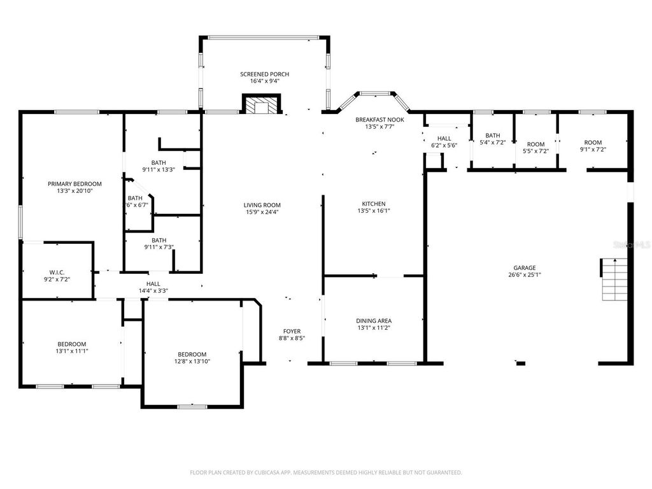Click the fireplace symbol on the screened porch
tap(260, 105)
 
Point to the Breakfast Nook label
tap(379, 119)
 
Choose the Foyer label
tap(292, 331)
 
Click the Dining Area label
tap(373, 321)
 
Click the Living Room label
tap(262, 205)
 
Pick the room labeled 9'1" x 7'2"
tap(593, 143)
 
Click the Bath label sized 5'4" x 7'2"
tap(492, 135)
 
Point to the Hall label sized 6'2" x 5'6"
tap(444, 138)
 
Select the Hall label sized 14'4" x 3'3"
tap(153, 284)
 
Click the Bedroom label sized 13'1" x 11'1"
tap(71, 344)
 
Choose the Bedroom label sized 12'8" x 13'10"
tap(192, 354)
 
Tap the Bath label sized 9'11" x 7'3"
tap(159, 240)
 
